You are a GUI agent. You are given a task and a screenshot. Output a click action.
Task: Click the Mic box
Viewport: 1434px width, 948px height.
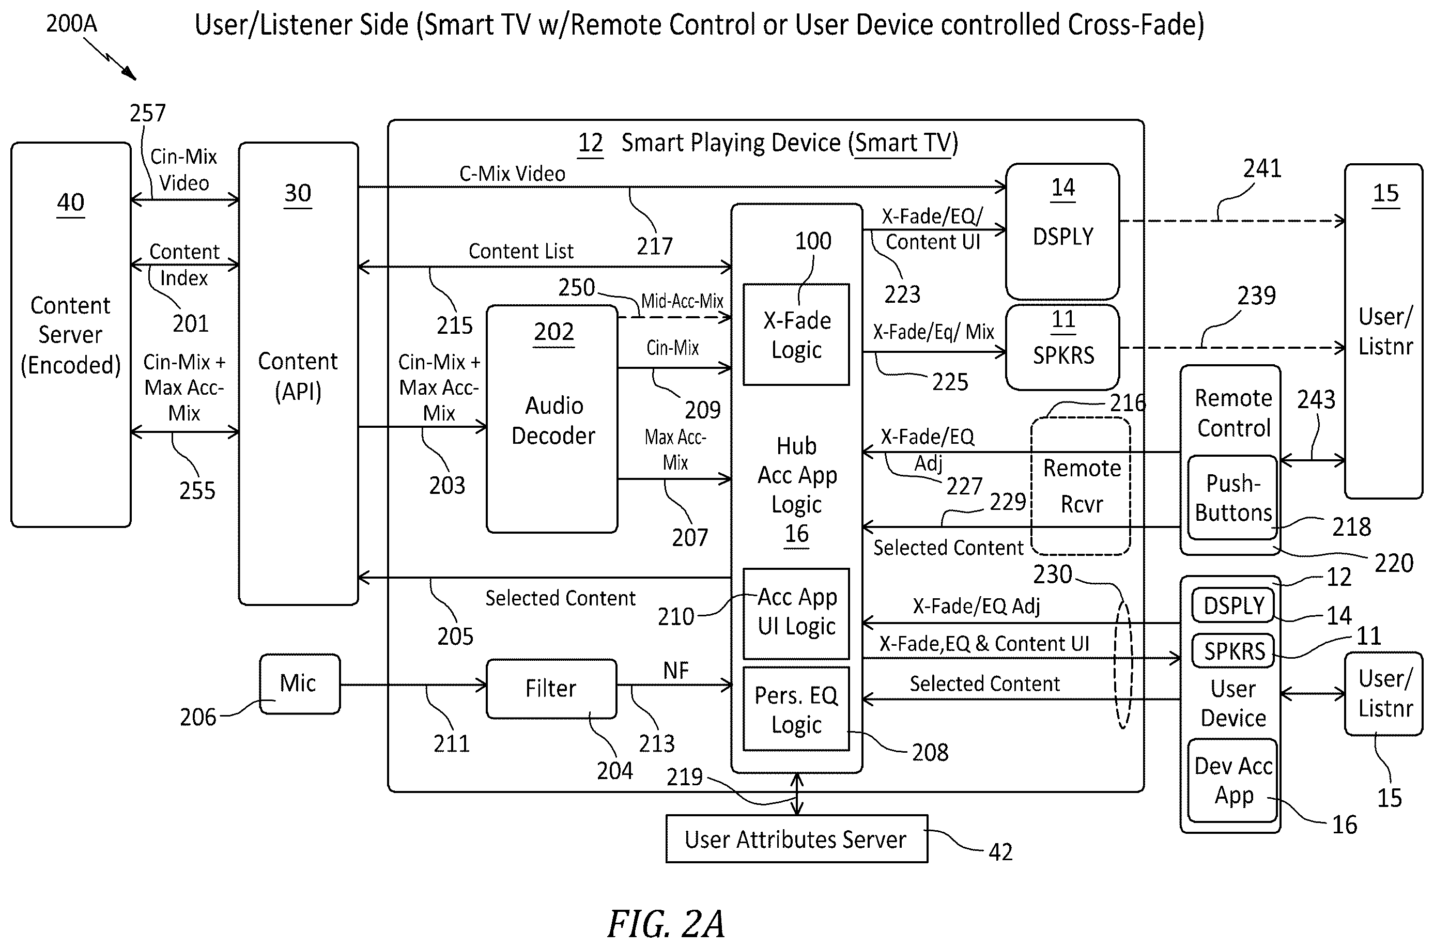299,684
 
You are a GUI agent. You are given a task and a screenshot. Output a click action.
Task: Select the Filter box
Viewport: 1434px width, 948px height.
551,689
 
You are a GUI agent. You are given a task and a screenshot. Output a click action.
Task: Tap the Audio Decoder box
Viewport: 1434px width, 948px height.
551,419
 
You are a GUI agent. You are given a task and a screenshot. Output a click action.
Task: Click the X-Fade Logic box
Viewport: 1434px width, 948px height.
796,334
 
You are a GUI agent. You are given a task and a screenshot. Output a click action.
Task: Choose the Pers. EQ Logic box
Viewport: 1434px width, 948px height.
796,709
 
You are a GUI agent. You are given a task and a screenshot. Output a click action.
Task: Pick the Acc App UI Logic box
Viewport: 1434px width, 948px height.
796,613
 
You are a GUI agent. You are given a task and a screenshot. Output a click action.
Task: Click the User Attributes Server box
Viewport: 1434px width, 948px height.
796,839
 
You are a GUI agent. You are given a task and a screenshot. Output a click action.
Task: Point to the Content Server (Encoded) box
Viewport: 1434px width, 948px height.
71,334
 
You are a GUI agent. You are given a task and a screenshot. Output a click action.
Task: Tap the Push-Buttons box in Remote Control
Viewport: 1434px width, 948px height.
1232,498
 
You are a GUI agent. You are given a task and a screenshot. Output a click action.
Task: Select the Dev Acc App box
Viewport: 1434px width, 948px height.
1232,781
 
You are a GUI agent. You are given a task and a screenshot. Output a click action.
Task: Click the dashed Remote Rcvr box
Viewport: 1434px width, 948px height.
1080,486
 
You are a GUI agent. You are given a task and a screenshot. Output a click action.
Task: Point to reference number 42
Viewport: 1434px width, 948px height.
1000,852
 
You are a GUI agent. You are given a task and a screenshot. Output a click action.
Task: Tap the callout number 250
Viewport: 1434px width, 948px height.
576,288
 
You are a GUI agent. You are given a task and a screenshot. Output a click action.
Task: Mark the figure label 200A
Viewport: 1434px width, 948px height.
71,24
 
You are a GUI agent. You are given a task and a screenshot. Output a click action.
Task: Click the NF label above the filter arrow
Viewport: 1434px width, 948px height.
675,671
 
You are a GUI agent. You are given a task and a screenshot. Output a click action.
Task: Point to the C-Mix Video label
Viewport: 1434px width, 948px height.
512,174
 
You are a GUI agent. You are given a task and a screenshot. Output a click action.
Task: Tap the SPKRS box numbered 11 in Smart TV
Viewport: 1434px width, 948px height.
1062,347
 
